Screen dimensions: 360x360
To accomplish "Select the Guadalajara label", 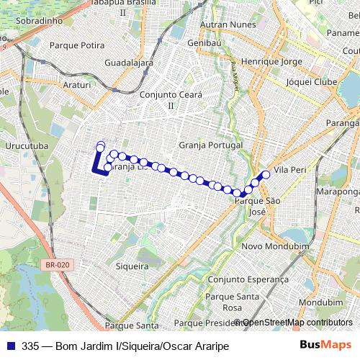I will pos(128,63).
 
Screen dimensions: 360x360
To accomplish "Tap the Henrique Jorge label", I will pos(270,63).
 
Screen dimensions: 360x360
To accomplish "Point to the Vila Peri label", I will pos(291,170).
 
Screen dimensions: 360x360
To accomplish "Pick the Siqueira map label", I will pos(132,266).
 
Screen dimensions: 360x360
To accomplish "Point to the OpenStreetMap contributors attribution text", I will pos(297,323).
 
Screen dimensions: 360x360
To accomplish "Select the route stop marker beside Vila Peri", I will pos(266,174).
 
